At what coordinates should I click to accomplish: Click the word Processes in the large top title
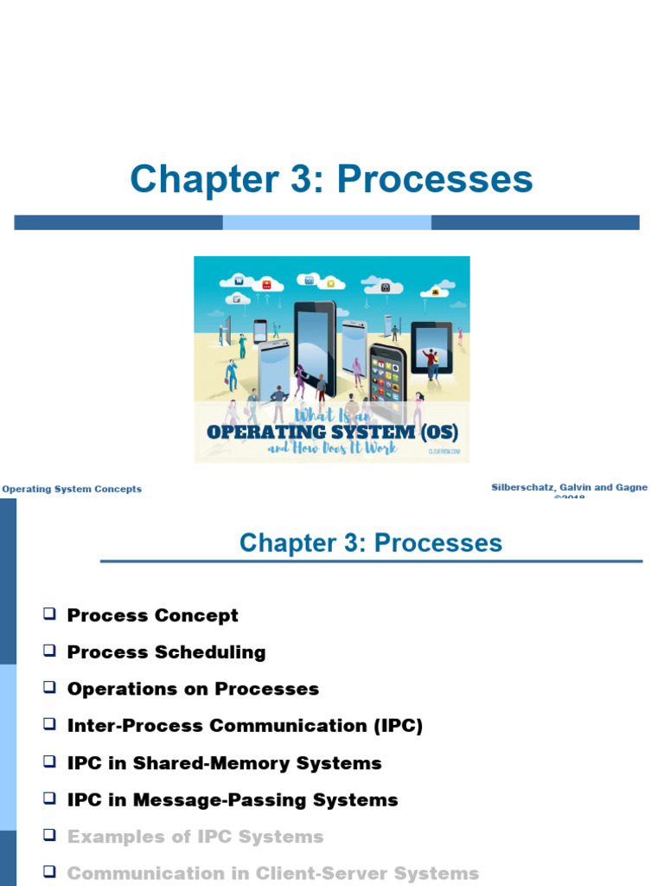[x=435, y=179]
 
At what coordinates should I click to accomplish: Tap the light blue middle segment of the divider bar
[x=327, y=222]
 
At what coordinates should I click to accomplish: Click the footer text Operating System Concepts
[x=72, y=489]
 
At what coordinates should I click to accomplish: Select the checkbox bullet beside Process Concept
[x=49, y=614]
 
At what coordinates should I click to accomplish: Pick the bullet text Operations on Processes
[x=193, y=690]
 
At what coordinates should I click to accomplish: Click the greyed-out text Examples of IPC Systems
[x=195, y=837]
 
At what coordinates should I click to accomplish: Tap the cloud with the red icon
[x=267, y=284]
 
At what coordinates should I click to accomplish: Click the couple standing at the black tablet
[x=431, y=362]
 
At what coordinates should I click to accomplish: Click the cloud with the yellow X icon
[x=330, y=283]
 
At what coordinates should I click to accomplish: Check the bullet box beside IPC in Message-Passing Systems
[x=49, y=799]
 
